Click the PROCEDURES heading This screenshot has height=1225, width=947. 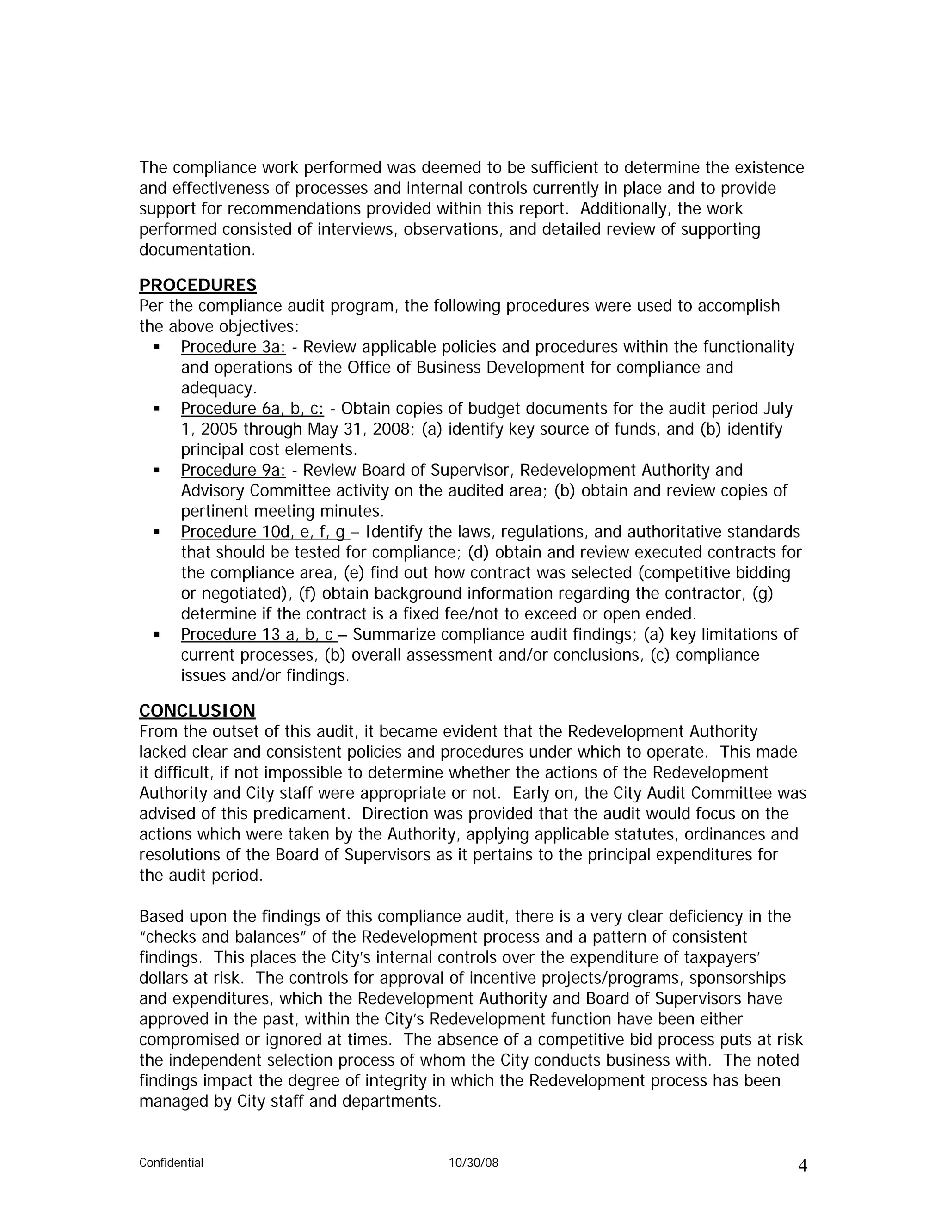(x=197, y=286)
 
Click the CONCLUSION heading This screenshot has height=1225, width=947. (x=197, y=711)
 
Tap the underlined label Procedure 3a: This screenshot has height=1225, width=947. (x=233, y=347)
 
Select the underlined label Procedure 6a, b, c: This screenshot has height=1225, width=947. (x=252, y=409)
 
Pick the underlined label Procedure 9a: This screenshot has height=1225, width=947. (x=233, y=470)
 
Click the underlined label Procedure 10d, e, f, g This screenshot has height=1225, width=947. (x=264, y=532)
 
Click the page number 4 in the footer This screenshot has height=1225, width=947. (x=802, y=1167)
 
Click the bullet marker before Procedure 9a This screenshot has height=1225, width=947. (x=157, y=471)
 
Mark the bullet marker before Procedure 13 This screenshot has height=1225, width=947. (x=157, y=635)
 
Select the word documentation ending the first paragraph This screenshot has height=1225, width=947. (x=197, y=250)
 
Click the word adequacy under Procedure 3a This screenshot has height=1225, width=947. (x=218, y=388)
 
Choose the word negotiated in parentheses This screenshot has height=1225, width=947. (x=248, y=594)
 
